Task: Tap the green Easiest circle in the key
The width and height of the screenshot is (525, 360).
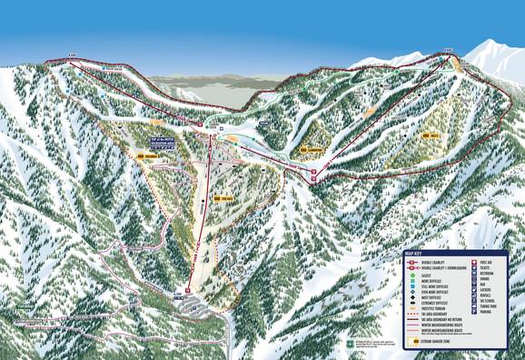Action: (412, 275)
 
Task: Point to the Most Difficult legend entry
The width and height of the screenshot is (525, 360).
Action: (431, 297)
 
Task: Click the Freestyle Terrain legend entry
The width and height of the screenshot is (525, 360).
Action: (431, 308)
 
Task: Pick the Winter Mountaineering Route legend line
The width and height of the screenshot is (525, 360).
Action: (441, 325)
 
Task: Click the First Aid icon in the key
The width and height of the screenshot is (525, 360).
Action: (474, 263)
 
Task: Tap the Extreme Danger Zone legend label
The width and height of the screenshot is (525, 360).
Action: (436, 341)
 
